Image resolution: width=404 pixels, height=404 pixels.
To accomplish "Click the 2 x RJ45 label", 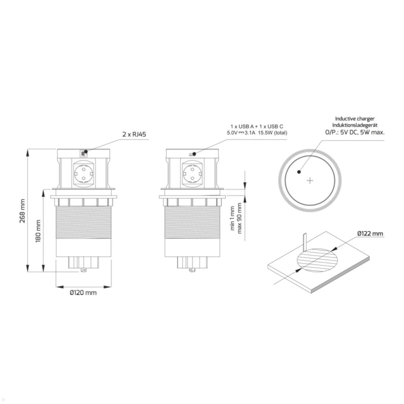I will [x=134, y=134].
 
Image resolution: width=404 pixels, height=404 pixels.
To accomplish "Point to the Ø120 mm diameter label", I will [x=83, y=293].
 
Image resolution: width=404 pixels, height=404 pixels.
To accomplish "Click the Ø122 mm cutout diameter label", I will [x=370, y=233].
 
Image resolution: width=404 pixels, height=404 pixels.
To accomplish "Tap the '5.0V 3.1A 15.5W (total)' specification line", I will [x=257, y=133].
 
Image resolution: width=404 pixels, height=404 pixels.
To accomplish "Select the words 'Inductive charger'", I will [x=355, y=119].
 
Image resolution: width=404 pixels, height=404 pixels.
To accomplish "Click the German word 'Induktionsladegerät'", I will [x=355, y=125].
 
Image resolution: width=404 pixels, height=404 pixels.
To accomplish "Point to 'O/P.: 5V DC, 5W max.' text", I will [x=355, y=132].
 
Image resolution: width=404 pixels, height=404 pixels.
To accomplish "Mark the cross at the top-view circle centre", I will [x=310, y=181].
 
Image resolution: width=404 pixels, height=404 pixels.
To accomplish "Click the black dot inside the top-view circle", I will [x=299, y=172].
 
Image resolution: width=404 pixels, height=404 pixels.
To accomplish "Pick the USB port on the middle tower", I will [x=192, y=154].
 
